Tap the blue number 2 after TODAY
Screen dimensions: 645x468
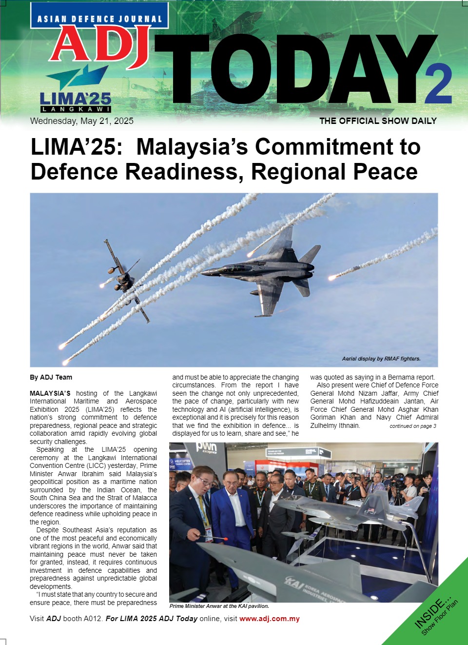pyautogui.click(x=438, y=84)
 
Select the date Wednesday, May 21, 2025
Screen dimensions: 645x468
pyautogui.click(x=81, y=121)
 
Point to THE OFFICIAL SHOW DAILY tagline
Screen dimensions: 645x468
pyautogui.click(x=378, y=121)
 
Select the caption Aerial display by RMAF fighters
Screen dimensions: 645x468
pyautogui.click(x=381, y=359)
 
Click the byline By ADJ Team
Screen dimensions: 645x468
pyautogui.click(x=51, y=377)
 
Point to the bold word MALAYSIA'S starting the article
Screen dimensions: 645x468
pyautogui.click(x=50, y=393)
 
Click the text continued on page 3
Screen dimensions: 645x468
pyautogui.click(x=412, y=426)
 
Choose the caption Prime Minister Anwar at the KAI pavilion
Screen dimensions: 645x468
pyautogui.click(x=219, y=606)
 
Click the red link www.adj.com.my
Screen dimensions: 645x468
pyautogui.click(x=269, y=619)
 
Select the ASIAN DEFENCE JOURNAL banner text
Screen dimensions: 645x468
pyautogui.click(x=99, y=19)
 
